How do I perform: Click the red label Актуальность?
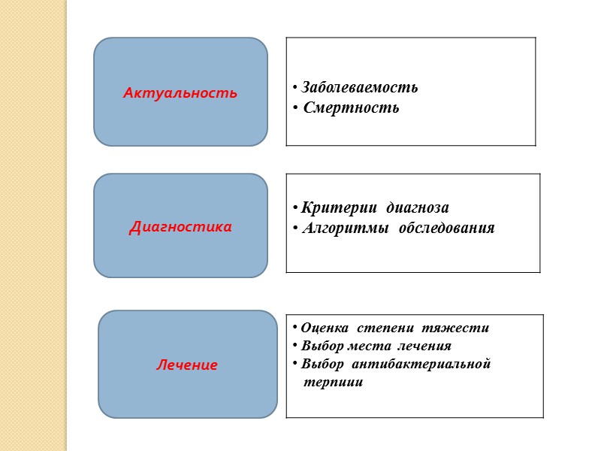(x=180, y=93)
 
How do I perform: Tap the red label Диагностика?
(x=180, y=225)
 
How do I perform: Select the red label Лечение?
(x=187, y=365)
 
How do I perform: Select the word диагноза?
(x=416, y=207)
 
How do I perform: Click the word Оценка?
(x=325, y=328)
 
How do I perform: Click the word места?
(x=369, y=346)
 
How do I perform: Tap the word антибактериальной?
(x=430, y=364)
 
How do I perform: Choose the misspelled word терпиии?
(x=332, y=382)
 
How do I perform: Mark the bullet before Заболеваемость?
(x=294, y=88)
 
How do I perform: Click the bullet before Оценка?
(x=294, y=328)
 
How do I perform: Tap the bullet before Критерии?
(x=294, y=207)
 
